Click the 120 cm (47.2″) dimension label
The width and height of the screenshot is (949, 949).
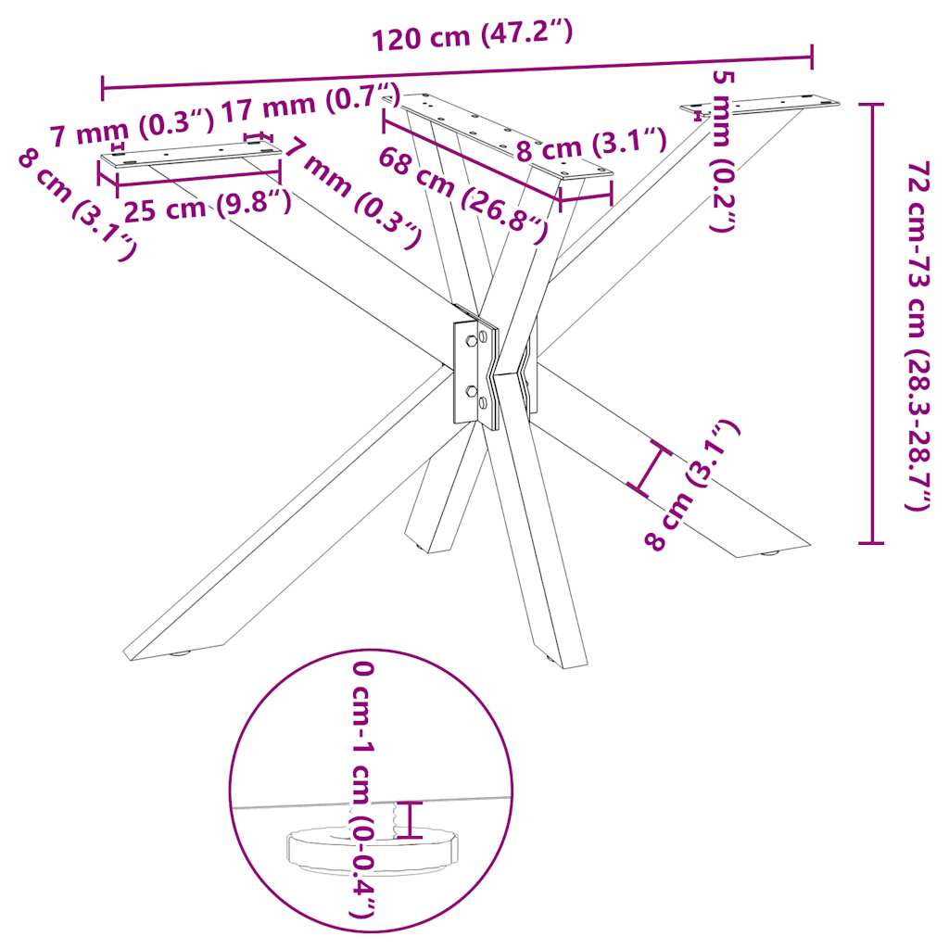click(473, 37)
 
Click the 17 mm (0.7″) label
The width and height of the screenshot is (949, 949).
click(310, 102)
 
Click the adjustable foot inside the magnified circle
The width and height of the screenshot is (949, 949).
click(371, 848)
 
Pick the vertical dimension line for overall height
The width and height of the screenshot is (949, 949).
click(871, 324)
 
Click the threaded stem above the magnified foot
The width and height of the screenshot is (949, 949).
click(403, 818)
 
